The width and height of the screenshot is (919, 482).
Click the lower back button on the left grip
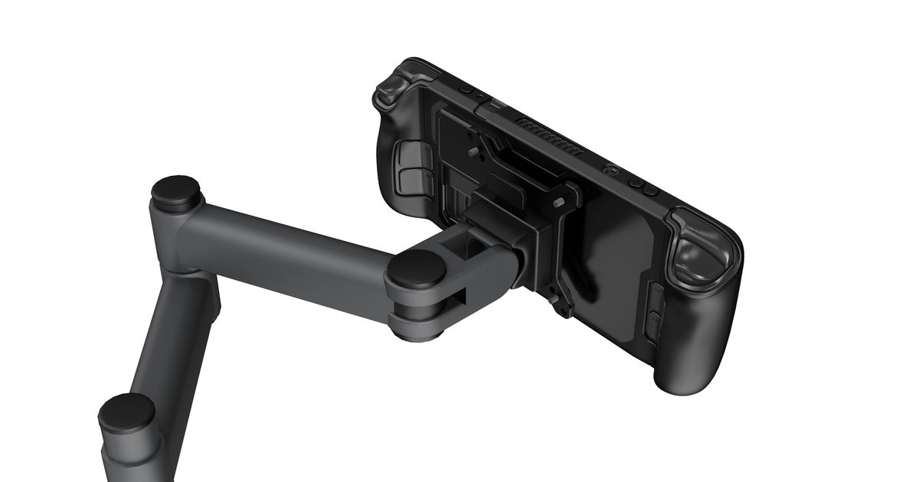coord(409,180)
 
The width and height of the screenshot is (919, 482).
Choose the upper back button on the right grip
coord(657,295)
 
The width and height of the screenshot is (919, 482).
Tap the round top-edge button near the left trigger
coord(466,90)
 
